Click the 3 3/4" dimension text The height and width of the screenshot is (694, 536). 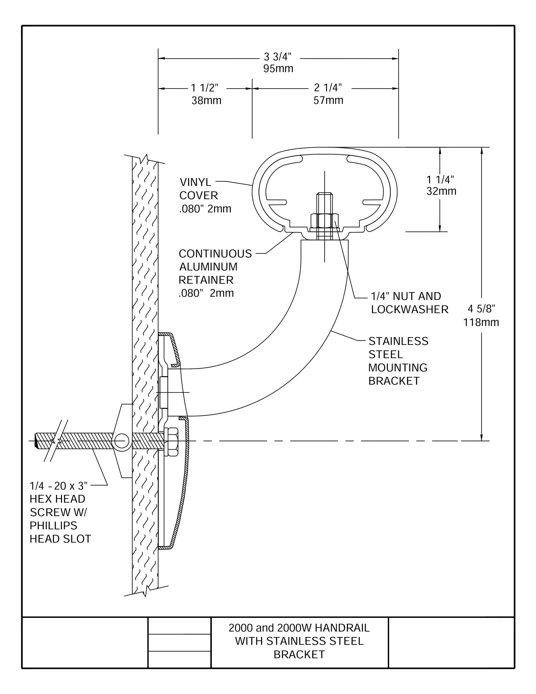tap(277, 57)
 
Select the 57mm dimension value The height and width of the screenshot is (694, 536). tap(328, 100)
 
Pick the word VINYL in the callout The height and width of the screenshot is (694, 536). tap(195, 182)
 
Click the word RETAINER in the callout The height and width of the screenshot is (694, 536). tap(206, 280)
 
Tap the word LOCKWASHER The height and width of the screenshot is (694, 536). tap(410, 310)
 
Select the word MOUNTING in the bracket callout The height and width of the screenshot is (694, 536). tap(398, 368)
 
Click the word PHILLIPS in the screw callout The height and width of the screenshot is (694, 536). tap(53, 526)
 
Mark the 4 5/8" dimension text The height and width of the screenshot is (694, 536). tap(481, 309)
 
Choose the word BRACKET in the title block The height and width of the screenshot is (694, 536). tap(299, 655)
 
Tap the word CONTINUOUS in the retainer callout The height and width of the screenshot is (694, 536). tap(215, 254)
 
